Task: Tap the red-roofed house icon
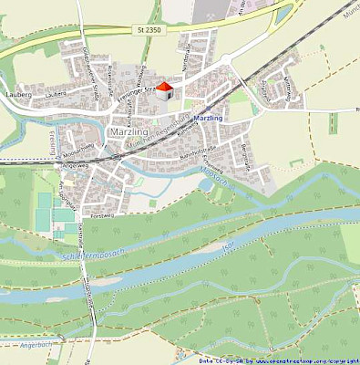point(164,89)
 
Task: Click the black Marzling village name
point(127,132)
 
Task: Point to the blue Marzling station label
point(209,119)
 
